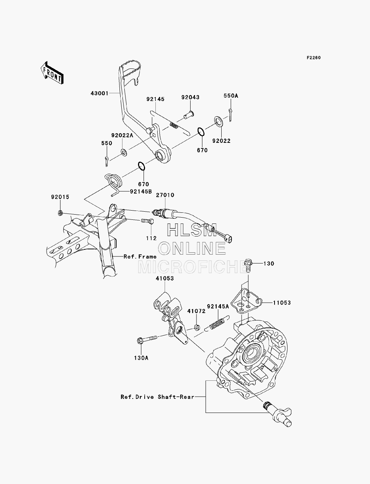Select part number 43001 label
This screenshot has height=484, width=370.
click(100, 93)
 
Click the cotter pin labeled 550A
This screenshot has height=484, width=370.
click(230, 115)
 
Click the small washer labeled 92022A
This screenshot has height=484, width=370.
click(124, 152)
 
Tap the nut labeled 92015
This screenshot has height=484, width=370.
click(60, 213)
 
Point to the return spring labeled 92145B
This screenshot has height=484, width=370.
click(113, 183)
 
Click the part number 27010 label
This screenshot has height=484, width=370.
click(165, 195)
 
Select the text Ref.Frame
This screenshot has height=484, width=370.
click(140, 257)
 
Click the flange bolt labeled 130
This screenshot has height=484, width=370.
click(248, 266)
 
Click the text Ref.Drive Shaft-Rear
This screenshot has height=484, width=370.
click(158, 397)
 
